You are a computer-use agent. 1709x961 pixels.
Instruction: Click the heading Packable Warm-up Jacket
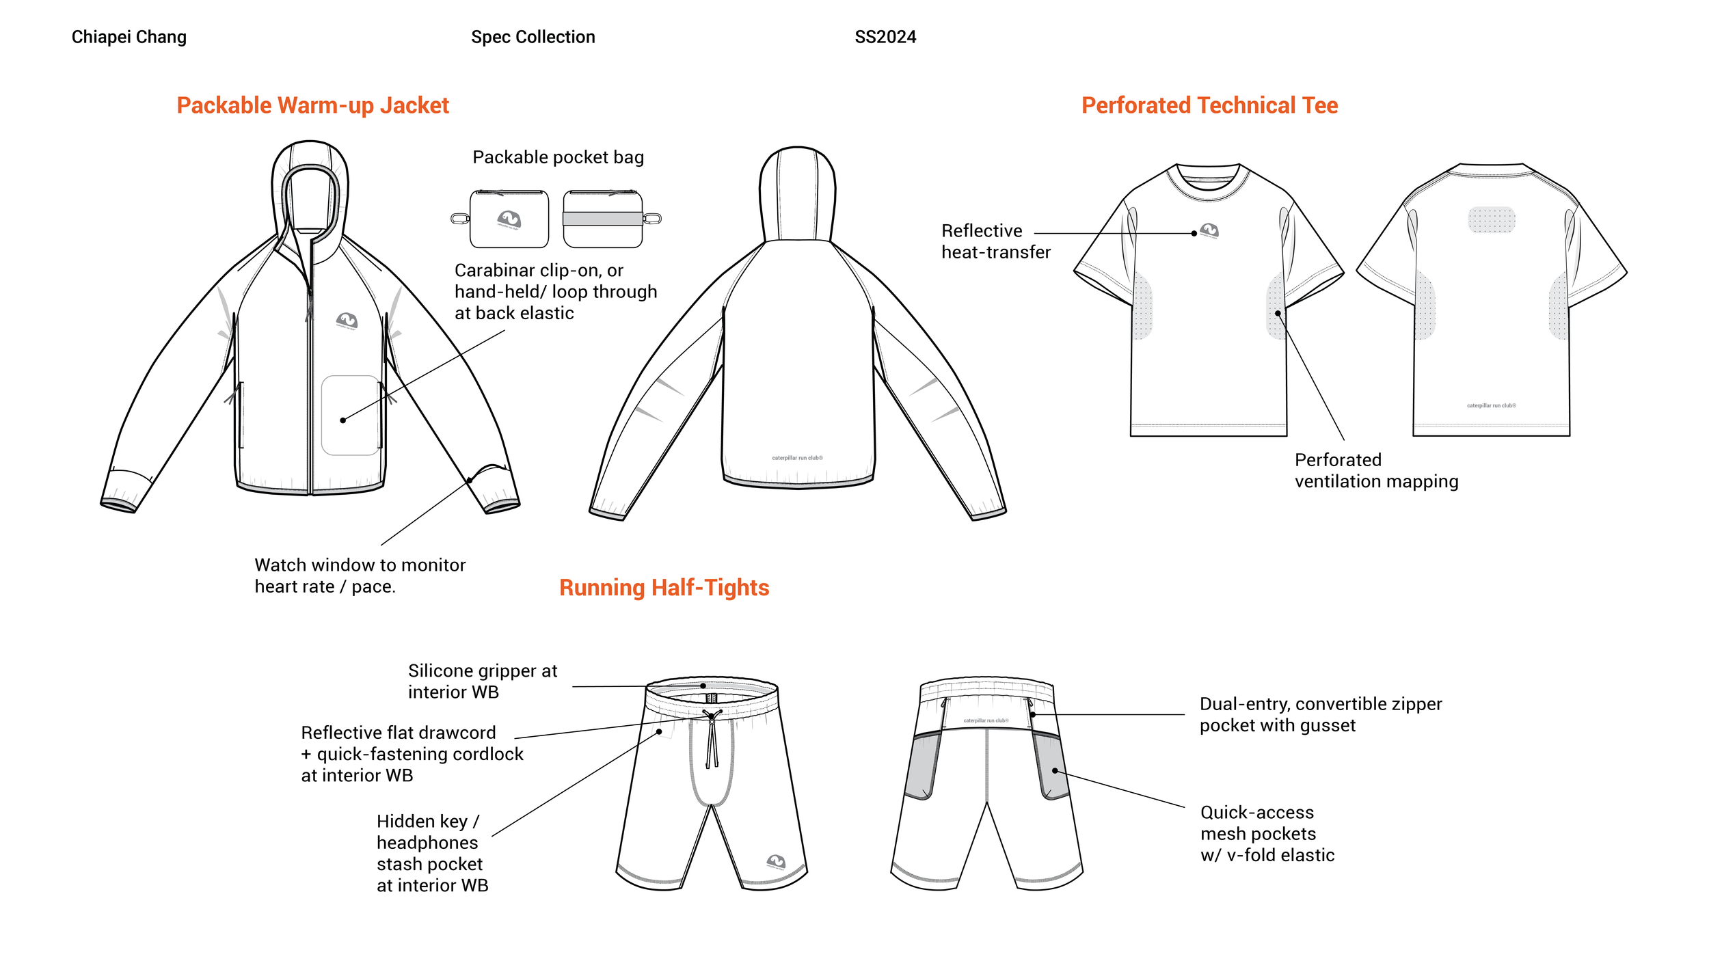pos(312,105)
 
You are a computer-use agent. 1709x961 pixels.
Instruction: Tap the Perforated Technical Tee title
pos(1209,105)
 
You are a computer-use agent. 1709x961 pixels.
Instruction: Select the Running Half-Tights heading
pos(664,588)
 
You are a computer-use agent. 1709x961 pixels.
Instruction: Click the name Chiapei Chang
pos(129,37)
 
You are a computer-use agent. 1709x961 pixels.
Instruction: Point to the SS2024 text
pos(885,37)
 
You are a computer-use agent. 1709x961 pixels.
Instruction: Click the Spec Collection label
pos(533,37)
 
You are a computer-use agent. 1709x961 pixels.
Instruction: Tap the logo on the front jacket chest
pos(347,320)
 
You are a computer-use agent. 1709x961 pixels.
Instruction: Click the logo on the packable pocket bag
pos(509,219)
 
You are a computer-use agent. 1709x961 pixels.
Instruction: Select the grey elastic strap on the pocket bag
pos(602,219)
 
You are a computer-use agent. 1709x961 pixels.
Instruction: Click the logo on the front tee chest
pos(1209,230)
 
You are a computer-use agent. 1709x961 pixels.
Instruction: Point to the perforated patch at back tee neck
pos(1491,220)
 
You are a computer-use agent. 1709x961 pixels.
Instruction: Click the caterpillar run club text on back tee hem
pos(1491,406)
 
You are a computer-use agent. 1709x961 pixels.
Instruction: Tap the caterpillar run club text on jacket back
pos(797,458)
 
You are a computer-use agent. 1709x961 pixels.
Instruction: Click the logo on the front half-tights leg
pos(775,861)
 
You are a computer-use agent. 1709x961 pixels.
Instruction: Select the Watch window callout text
pos(360,576)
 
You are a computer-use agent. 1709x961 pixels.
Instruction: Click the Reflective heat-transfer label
pos(995,241)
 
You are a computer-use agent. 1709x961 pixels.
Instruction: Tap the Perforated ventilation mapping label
pos(1375,470)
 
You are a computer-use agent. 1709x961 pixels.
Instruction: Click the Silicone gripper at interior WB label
pos(482,681)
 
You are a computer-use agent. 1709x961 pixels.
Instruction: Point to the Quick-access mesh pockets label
pos(1267,833)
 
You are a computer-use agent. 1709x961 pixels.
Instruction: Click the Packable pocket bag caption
pos(558,157)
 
